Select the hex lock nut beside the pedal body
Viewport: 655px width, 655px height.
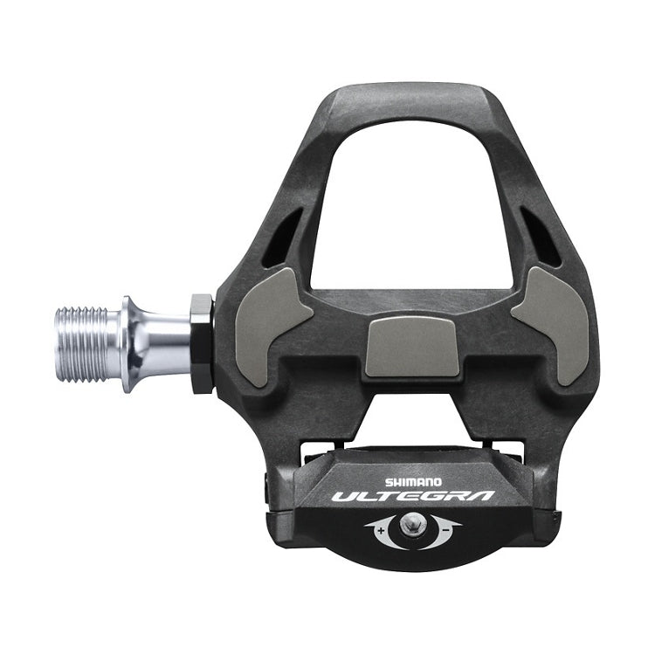[x=201, y=342]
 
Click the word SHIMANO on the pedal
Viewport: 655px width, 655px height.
[x=414, y=481]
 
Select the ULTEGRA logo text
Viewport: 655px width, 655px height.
[x=413, y=497]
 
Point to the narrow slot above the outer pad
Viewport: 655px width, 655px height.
[x=541, y=235]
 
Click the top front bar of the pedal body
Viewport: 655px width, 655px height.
[x=410, y=98]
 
